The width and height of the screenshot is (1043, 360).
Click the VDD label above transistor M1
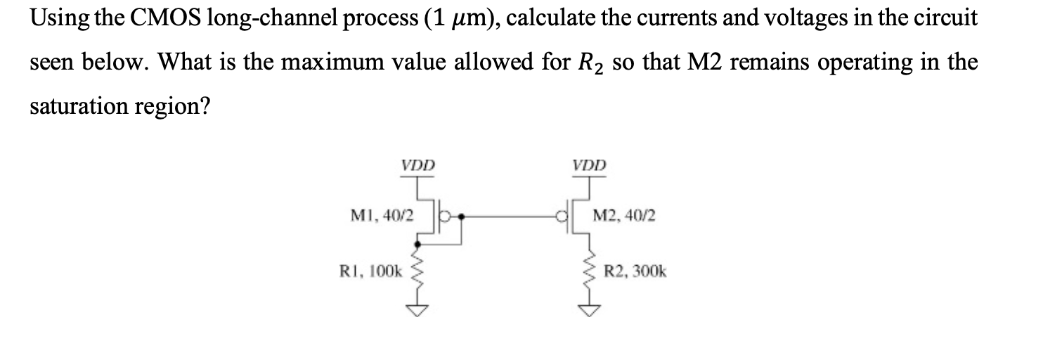coord(418,166)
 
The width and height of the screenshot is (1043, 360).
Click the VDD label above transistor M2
coord(588,166)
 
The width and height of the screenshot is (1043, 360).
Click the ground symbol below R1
coord(418,311)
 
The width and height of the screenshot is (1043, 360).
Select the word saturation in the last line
coord(80,107)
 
